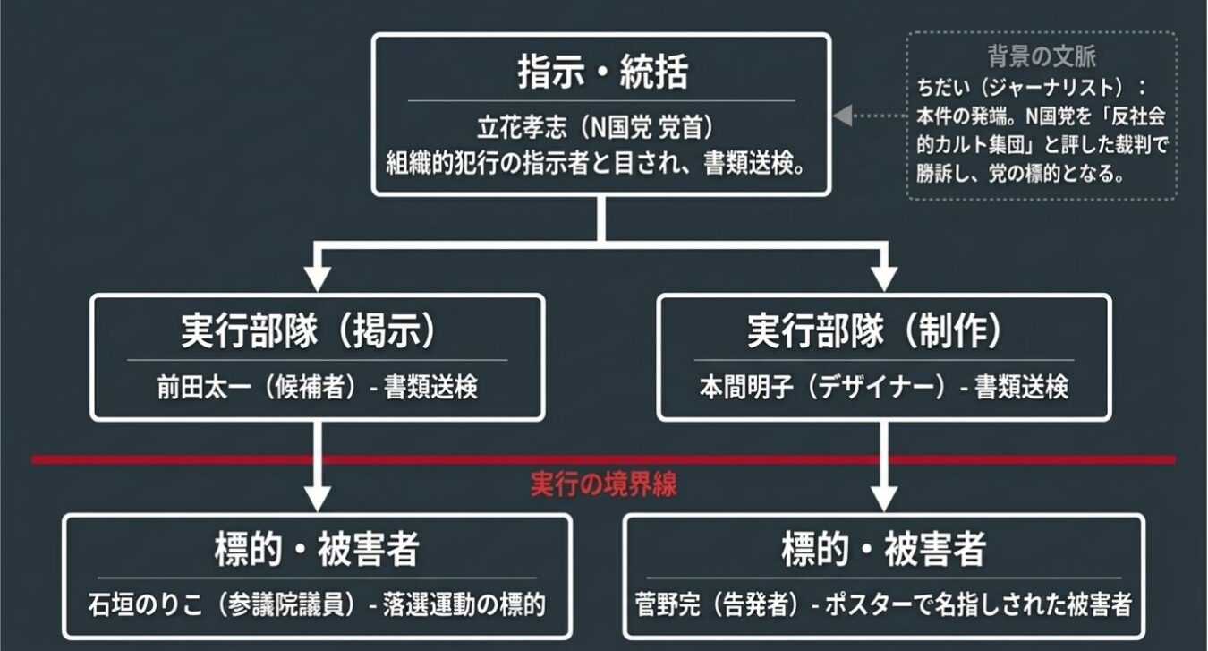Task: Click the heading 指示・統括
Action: coord(602,73)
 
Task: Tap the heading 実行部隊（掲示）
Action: coord(317,331)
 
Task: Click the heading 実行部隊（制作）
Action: coord(882,331)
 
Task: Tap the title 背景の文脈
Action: coord(1042,56)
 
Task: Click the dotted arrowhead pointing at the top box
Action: coord(841,116)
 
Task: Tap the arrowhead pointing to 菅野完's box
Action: coord(884,496)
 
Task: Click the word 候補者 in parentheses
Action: coord(311,387)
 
